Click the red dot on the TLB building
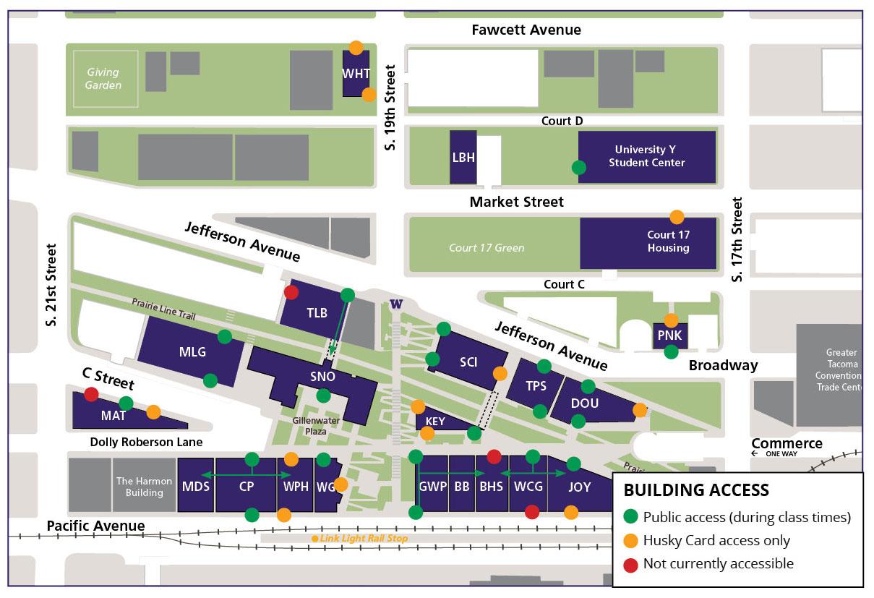[x=291, y=292]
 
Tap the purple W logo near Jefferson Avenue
[x=395, y=304]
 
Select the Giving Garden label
[x=103, y=79]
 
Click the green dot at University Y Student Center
[x=578, y=167]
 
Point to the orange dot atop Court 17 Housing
[x=677, y=216]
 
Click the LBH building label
[x=463, y=158]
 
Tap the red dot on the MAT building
[x=91, y=394]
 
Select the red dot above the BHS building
[x=494, y=456]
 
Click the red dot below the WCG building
[x=532, y=512]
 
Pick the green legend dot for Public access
[x=630, y=517]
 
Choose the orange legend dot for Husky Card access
[x=630, y=540]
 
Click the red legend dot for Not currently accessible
[x=630, y=563]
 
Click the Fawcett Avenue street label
[x=526, y=30]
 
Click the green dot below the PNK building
[x=671, y=352]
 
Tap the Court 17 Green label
[x=486, y=247]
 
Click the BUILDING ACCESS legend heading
[x=695, y=490]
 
